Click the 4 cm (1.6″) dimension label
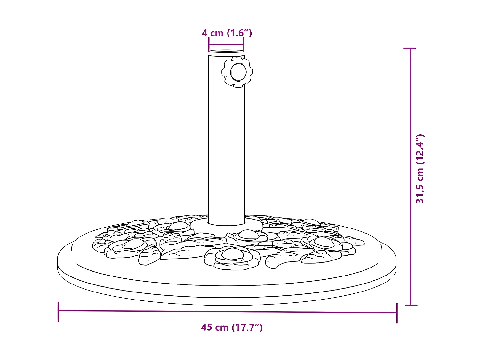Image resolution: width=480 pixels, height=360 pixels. click(227, 33)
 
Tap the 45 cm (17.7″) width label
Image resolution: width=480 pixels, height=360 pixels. click(232, 327)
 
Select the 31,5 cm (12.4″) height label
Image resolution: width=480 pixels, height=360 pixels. click(420, 169)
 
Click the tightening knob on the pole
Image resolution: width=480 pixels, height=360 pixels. click(237, 72)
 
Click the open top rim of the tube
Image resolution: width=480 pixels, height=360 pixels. click(226, 51)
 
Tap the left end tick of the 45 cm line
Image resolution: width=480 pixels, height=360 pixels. click(58, 311)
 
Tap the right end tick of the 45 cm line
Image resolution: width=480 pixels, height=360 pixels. click(397, 313)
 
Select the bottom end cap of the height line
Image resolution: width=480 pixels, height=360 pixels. click(411, 305)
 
